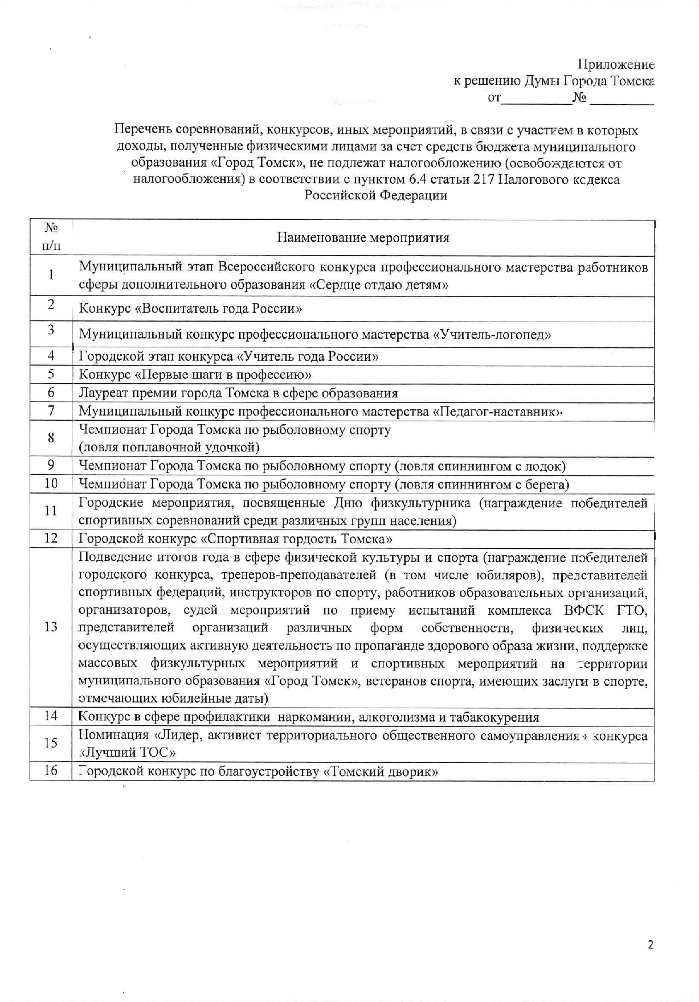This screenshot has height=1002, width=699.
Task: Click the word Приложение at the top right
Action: tap(616, 64)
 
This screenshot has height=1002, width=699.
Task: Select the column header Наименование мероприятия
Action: tap(363, 237)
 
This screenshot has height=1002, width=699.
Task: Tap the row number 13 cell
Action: tap(51, 627)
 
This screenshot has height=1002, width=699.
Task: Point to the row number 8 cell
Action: tap(51, 438)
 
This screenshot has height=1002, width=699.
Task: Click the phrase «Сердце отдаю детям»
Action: tap(379, 285)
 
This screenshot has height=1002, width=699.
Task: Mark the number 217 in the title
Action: tap(484, 179)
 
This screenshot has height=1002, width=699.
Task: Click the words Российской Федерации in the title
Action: tap(376, 195)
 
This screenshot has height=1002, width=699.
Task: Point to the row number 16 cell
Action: tap(51, 771)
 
